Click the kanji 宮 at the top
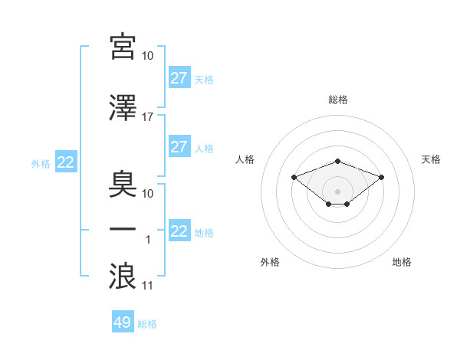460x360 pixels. coord(123,47)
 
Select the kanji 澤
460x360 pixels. coord(123,107)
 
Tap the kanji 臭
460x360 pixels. coord(123,185)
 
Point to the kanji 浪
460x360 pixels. coord(123,276)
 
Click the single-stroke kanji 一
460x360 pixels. coord(123,229)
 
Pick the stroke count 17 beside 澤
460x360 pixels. coord(147,117)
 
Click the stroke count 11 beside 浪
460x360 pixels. coord(147,286)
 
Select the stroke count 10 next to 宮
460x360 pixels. coord(147,56)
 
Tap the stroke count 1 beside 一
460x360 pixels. coord(148,240)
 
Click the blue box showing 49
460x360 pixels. coord(123,321)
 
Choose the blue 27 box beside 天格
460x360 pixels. coord(180,77)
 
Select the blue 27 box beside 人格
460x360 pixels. coord(180,146)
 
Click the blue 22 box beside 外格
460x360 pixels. coord(66,162)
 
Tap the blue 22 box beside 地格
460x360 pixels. coord(180,230)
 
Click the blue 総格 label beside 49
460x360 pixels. coord(147,324)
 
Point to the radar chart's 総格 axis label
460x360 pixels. coord(338,100)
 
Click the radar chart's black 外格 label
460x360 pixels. coord(270,262)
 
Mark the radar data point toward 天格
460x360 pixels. coord(381,178)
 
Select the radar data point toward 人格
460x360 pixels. coord(294,178)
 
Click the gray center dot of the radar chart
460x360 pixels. coord(337,191)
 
